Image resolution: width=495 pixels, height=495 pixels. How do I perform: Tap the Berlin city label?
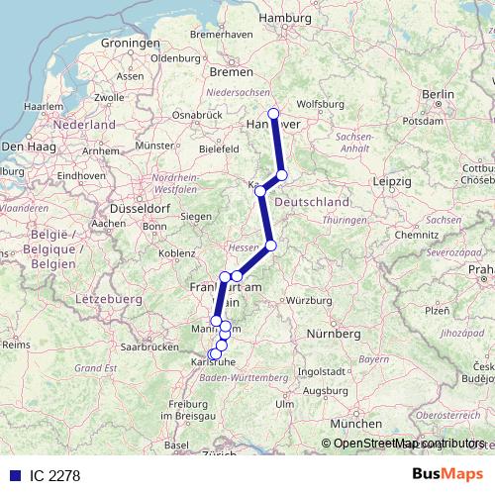pyautogui.click(x=437, y=94)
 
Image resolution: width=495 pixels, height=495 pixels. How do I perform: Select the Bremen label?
pyautogui.click(x=232, y=72)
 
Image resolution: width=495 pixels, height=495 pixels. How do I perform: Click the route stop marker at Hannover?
pyautogui.click(x=274, y=114)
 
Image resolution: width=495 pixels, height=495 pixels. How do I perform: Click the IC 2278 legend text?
pyautogui.click(x=54, y=475)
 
